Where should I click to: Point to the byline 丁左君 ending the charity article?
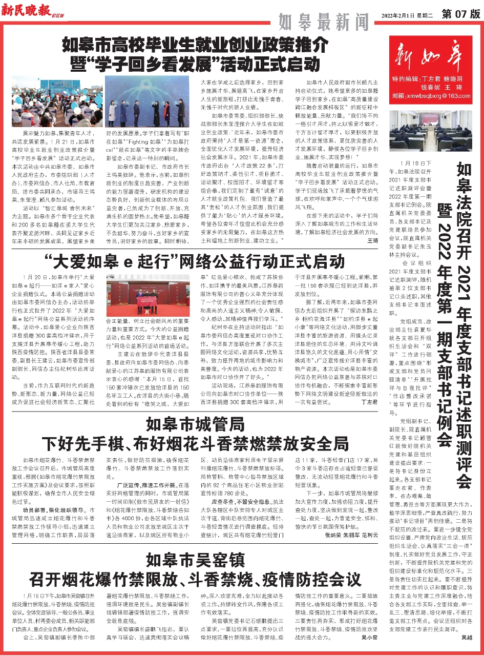[x=370, y=403]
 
